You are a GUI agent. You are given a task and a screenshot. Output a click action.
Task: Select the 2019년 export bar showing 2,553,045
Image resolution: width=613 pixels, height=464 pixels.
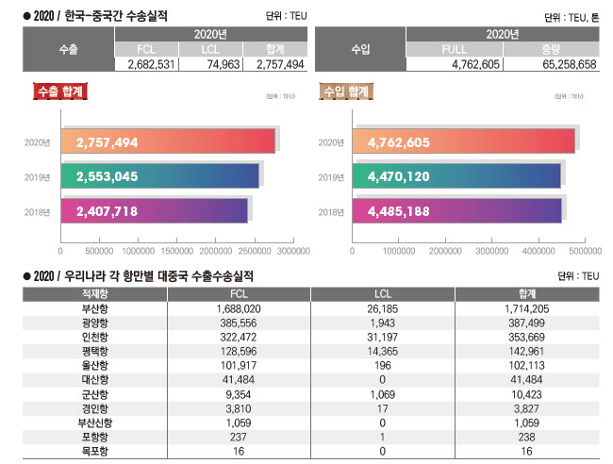[x=159, y=176]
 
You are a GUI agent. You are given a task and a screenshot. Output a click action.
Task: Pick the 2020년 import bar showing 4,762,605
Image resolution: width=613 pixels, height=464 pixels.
[x=462, y=142]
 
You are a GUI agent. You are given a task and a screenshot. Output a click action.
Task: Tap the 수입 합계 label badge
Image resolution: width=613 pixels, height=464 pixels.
[x=345, y=91]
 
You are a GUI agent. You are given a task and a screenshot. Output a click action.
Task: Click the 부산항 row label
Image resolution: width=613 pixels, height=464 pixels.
[x=95, y=308]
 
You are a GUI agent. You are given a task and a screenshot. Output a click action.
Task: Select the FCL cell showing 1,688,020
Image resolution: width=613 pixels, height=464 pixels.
[x=238, y=308]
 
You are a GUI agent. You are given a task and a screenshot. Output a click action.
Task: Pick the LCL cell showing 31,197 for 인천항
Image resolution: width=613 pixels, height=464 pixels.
[x=383, y=336]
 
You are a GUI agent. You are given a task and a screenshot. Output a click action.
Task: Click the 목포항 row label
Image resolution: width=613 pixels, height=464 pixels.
[x=95, y=452]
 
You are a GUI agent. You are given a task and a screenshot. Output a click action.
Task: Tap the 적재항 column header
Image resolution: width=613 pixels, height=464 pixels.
[x=95, y=294]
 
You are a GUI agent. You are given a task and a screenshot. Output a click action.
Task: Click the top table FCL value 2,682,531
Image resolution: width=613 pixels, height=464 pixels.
[x=146, y=64]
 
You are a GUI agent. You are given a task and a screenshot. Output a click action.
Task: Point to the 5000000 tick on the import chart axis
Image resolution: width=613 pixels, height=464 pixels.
[x=586, y=252]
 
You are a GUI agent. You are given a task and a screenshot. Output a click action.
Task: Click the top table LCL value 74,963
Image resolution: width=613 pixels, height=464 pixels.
[x=210, y=64]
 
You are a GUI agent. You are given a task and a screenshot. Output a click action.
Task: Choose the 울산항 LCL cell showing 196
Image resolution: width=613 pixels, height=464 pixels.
[x=383, y=364]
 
